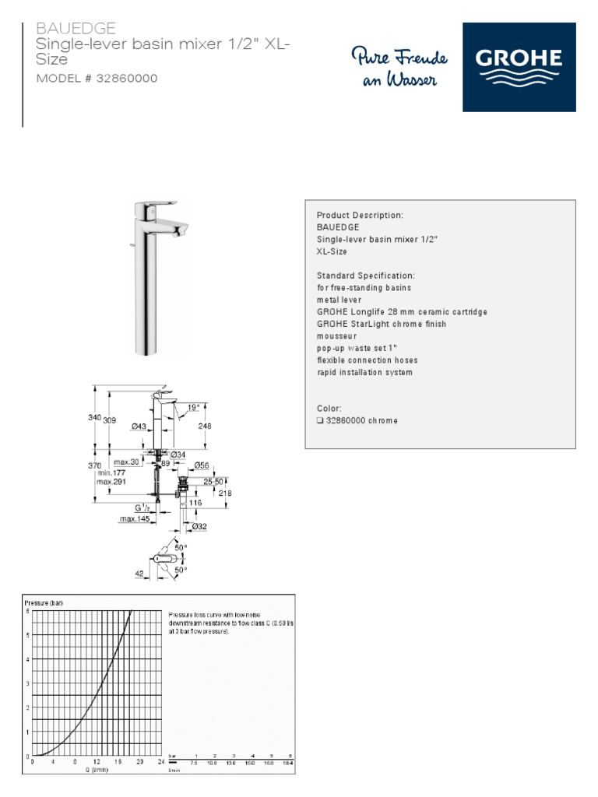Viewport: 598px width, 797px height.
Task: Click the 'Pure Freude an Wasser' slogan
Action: click(399, 68)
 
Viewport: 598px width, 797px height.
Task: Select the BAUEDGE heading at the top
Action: click(76, 29)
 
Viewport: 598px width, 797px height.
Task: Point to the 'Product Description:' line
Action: click(360, 215)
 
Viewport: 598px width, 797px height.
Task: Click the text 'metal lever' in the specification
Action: click(339, 300)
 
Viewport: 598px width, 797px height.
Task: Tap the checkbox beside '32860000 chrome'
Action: click(320, 420)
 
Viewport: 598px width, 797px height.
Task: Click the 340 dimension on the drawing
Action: click(94, 418)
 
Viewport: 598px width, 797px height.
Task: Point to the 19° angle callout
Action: click(193, 407)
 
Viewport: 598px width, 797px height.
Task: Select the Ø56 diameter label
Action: click(202, 465)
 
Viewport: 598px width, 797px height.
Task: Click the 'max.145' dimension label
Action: click(134, 518)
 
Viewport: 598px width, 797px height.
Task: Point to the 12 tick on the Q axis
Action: click(97, 762)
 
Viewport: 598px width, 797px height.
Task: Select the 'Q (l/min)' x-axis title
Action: click(97, 770)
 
